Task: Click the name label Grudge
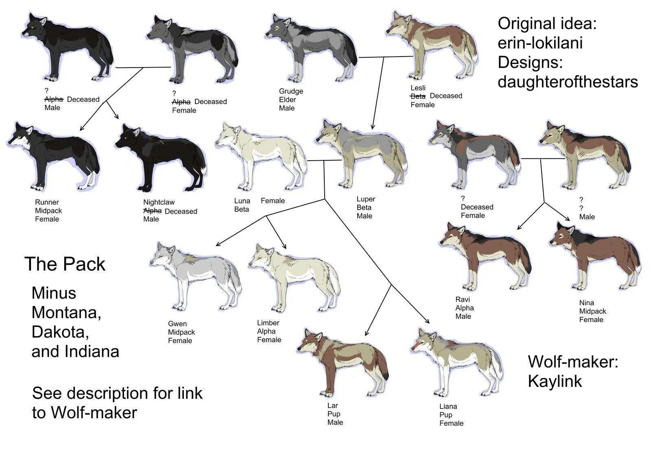(291, 91)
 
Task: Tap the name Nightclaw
(159, 202)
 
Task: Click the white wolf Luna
(260, 157)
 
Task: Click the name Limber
(268, 323)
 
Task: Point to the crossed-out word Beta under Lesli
(418, 96)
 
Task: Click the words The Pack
(65, 264)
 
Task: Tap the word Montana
(66, 312)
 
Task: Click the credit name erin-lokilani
(540, 43)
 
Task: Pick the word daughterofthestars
(568, 82)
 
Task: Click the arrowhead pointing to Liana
(427, 321)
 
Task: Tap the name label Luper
(366, 199)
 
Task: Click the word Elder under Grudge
(287, 100)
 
